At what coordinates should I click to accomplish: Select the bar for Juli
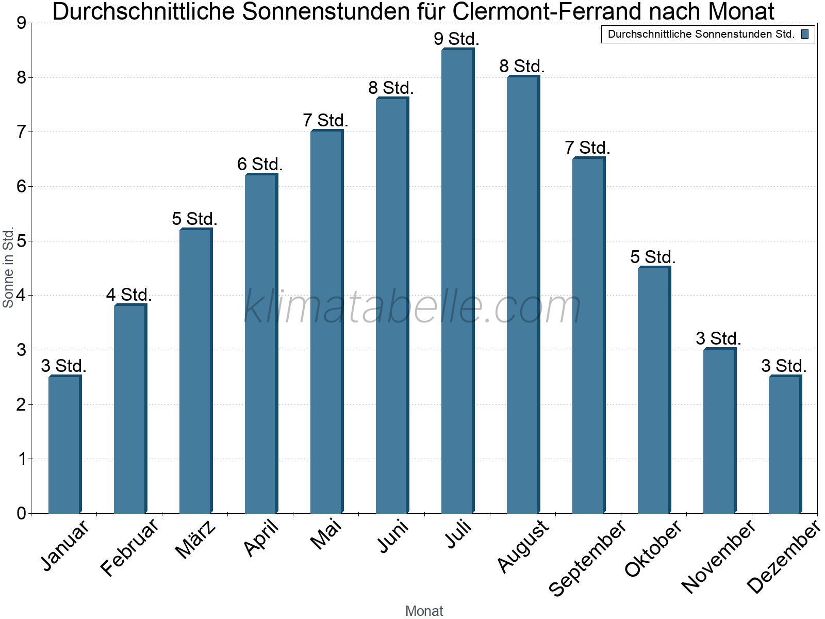click(457, 281)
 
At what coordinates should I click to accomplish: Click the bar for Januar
click(64, 445)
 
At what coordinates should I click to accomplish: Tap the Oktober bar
click(654, 390)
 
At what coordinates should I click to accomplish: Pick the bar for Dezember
click(785, 445)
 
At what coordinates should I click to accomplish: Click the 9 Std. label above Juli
click(457, 39)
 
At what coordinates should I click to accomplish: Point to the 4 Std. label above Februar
click(129, 295)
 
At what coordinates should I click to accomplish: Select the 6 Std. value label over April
click(260, 164)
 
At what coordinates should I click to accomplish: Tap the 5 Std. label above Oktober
click(653, 256)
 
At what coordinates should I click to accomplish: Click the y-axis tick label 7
click(21, 132)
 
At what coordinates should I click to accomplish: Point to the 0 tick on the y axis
click(21, 513)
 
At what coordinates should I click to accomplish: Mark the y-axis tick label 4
click(21, 296)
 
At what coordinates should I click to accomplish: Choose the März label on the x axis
click(195, 540)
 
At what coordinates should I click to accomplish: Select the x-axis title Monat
click(424, 611)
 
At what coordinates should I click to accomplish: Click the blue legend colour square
click(805, 35)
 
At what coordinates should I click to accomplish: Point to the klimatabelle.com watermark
click(412, 307)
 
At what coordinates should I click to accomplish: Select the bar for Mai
click(326, 322)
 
